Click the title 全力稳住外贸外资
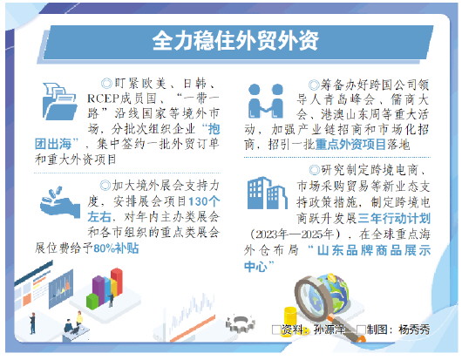pos(235,41)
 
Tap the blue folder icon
pos(59,101)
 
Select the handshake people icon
pos(266,101)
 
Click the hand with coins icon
pos(60,202)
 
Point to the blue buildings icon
pos(268,194)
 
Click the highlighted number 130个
pos(204,201)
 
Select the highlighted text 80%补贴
pos(116,248)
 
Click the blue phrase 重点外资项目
pos(350,145)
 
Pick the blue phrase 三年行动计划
pos(394,218)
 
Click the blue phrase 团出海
pos(53,144)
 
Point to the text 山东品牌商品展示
pos(374,250)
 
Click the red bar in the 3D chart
pos(117,282)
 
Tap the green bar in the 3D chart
pos(92,302)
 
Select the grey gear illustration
pos(241,323)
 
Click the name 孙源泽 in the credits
pos(330,329)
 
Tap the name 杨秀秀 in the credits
pos(414,329)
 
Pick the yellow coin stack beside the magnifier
pos(290,317)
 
